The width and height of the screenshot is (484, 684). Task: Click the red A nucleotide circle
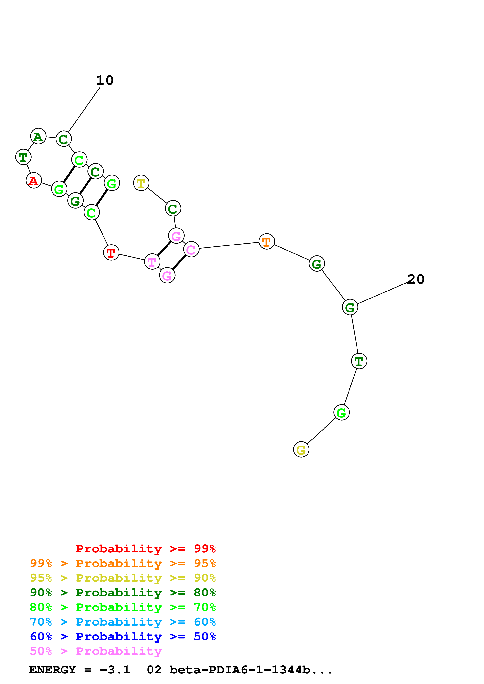34,181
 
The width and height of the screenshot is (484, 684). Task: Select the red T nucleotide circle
111,253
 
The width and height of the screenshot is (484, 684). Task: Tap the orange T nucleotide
267,242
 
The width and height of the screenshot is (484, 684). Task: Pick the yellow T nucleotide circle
141,183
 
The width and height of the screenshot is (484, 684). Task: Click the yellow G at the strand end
301,450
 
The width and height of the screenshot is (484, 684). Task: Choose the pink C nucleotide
191,249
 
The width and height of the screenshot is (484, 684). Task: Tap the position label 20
416,279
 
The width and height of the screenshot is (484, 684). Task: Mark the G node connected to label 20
350,307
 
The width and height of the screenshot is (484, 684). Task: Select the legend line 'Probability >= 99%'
145,548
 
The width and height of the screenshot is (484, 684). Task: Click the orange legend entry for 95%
123,563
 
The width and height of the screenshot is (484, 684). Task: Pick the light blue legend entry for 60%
123,622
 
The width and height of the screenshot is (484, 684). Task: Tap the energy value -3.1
115,670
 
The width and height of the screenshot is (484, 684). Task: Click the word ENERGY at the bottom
53,670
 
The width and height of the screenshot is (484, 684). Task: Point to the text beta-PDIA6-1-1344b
250,670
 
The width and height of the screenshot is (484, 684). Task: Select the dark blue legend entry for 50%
123,636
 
